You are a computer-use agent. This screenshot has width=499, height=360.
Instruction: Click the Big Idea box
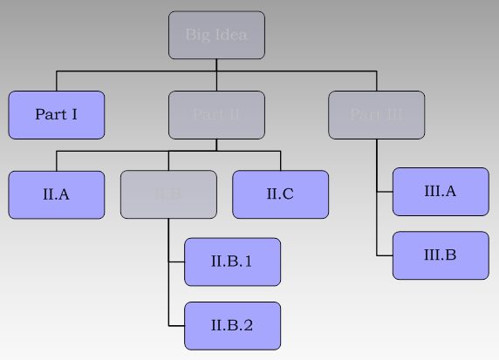click(x=216, y=35)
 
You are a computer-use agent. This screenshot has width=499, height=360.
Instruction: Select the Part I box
click(x=57, y=115)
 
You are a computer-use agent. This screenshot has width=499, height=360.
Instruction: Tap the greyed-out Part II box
click(x=216, y=115)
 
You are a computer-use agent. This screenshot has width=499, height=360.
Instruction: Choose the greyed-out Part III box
click(x=376, y=115)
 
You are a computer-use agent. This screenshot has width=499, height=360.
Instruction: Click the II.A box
click(x=57, y=194)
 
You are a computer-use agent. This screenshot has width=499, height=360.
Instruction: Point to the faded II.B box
click(x=168, y=194)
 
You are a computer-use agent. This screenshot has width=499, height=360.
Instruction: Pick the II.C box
click(x=280, y=194)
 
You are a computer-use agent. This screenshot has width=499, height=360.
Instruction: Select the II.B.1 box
click(x=232, y=262)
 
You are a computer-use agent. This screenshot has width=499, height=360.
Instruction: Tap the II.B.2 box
click(x=232, y=326)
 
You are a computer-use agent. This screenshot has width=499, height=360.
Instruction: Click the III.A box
click(x=440, y=192)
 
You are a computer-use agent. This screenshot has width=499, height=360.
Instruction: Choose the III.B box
click(x=440, y=255)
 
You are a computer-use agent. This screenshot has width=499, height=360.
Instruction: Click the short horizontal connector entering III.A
click(x=385, y=192)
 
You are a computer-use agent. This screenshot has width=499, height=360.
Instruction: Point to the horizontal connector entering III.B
click(x=385, y=255)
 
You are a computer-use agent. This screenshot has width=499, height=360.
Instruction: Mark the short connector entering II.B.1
click(x=176, y=262)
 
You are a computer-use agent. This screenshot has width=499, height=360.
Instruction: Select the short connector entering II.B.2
click(x=176, y=326)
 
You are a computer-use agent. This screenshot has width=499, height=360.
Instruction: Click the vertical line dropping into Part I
click(x=57, y=81)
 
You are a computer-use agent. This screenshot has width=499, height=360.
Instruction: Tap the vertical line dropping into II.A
click(x=57, y=161)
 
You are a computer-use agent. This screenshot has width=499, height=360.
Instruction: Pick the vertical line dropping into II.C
click(x=280, y=161)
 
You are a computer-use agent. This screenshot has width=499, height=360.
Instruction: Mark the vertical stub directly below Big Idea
click(x=216, y=65)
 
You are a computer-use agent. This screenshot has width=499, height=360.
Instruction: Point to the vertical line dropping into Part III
click(x=376, y=81)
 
